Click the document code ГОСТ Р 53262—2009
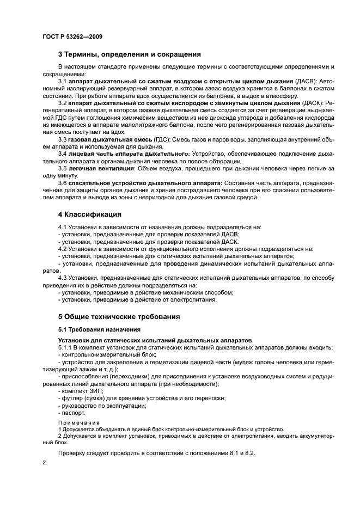(72, 37)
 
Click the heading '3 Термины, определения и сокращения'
(130, 54)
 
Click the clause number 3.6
(63, 183)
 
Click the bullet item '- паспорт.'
(73, 413)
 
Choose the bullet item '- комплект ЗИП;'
(81, 391)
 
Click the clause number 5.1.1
(65, 347)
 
